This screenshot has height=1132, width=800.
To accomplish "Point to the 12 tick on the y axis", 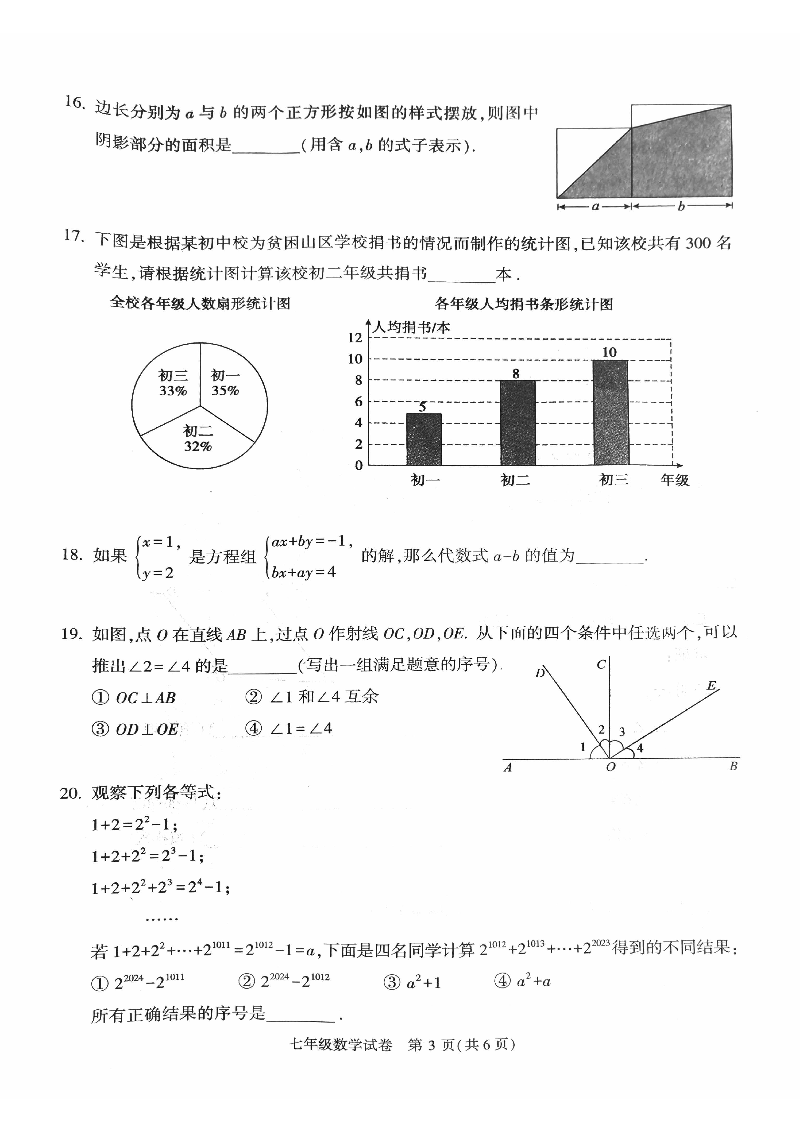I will [x=355, y=338].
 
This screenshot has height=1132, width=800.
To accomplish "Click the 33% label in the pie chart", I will [x=173, y=391].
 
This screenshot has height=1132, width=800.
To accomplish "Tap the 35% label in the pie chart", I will [x=225, y=391].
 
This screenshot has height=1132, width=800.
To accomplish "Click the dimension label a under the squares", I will [x=595, y=207].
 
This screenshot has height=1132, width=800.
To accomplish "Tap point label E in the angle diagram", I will [x=711, y=685].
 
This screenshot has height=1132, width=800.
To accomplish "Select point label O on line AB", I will [x=611, y=767].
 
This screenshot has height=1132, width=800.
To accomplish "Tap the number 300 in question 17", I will [x=697, y=243].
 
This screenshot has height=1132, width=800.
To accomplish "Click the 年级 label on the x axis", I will [x=674, y=480].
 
